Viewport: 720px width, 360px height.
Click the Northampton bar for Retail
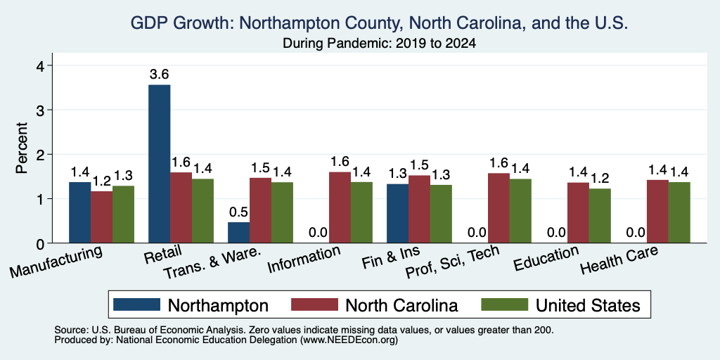click(x=160, y=164)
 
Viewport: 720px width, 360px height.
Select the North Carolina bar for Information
click(x=340, y=207)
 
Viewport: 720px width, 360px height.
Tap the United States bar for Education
click(x=600, y=216)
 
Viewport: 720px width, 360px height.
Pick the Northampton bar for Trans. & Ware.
click(x=239, y=233)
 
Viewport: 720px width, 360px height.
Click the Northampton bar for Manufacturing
click(x=80, y=212)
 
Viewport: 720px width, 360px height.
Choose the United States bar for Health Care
click(x=679, y=212)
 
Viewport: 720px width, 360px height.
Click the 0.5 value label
click(x=239, y=212)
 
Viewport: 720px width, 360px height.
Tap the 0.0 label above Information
click(x=319, y=232)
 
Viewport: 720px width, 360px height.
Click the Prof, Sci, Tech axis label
click(x=452, y=262)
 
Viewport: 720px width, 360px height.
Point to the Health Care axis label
click(x=619, y=259)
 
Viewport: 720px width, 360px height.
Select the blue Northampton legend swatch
click(x=137, y=304)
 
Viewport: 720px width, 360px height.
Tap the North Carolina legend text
click(x=401, y=305)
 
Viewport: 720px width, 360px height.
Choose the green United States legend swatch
click(x=504, y=304)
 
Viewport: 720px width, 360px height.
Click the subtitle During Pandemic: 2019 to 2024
click(x=379, y=43)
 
